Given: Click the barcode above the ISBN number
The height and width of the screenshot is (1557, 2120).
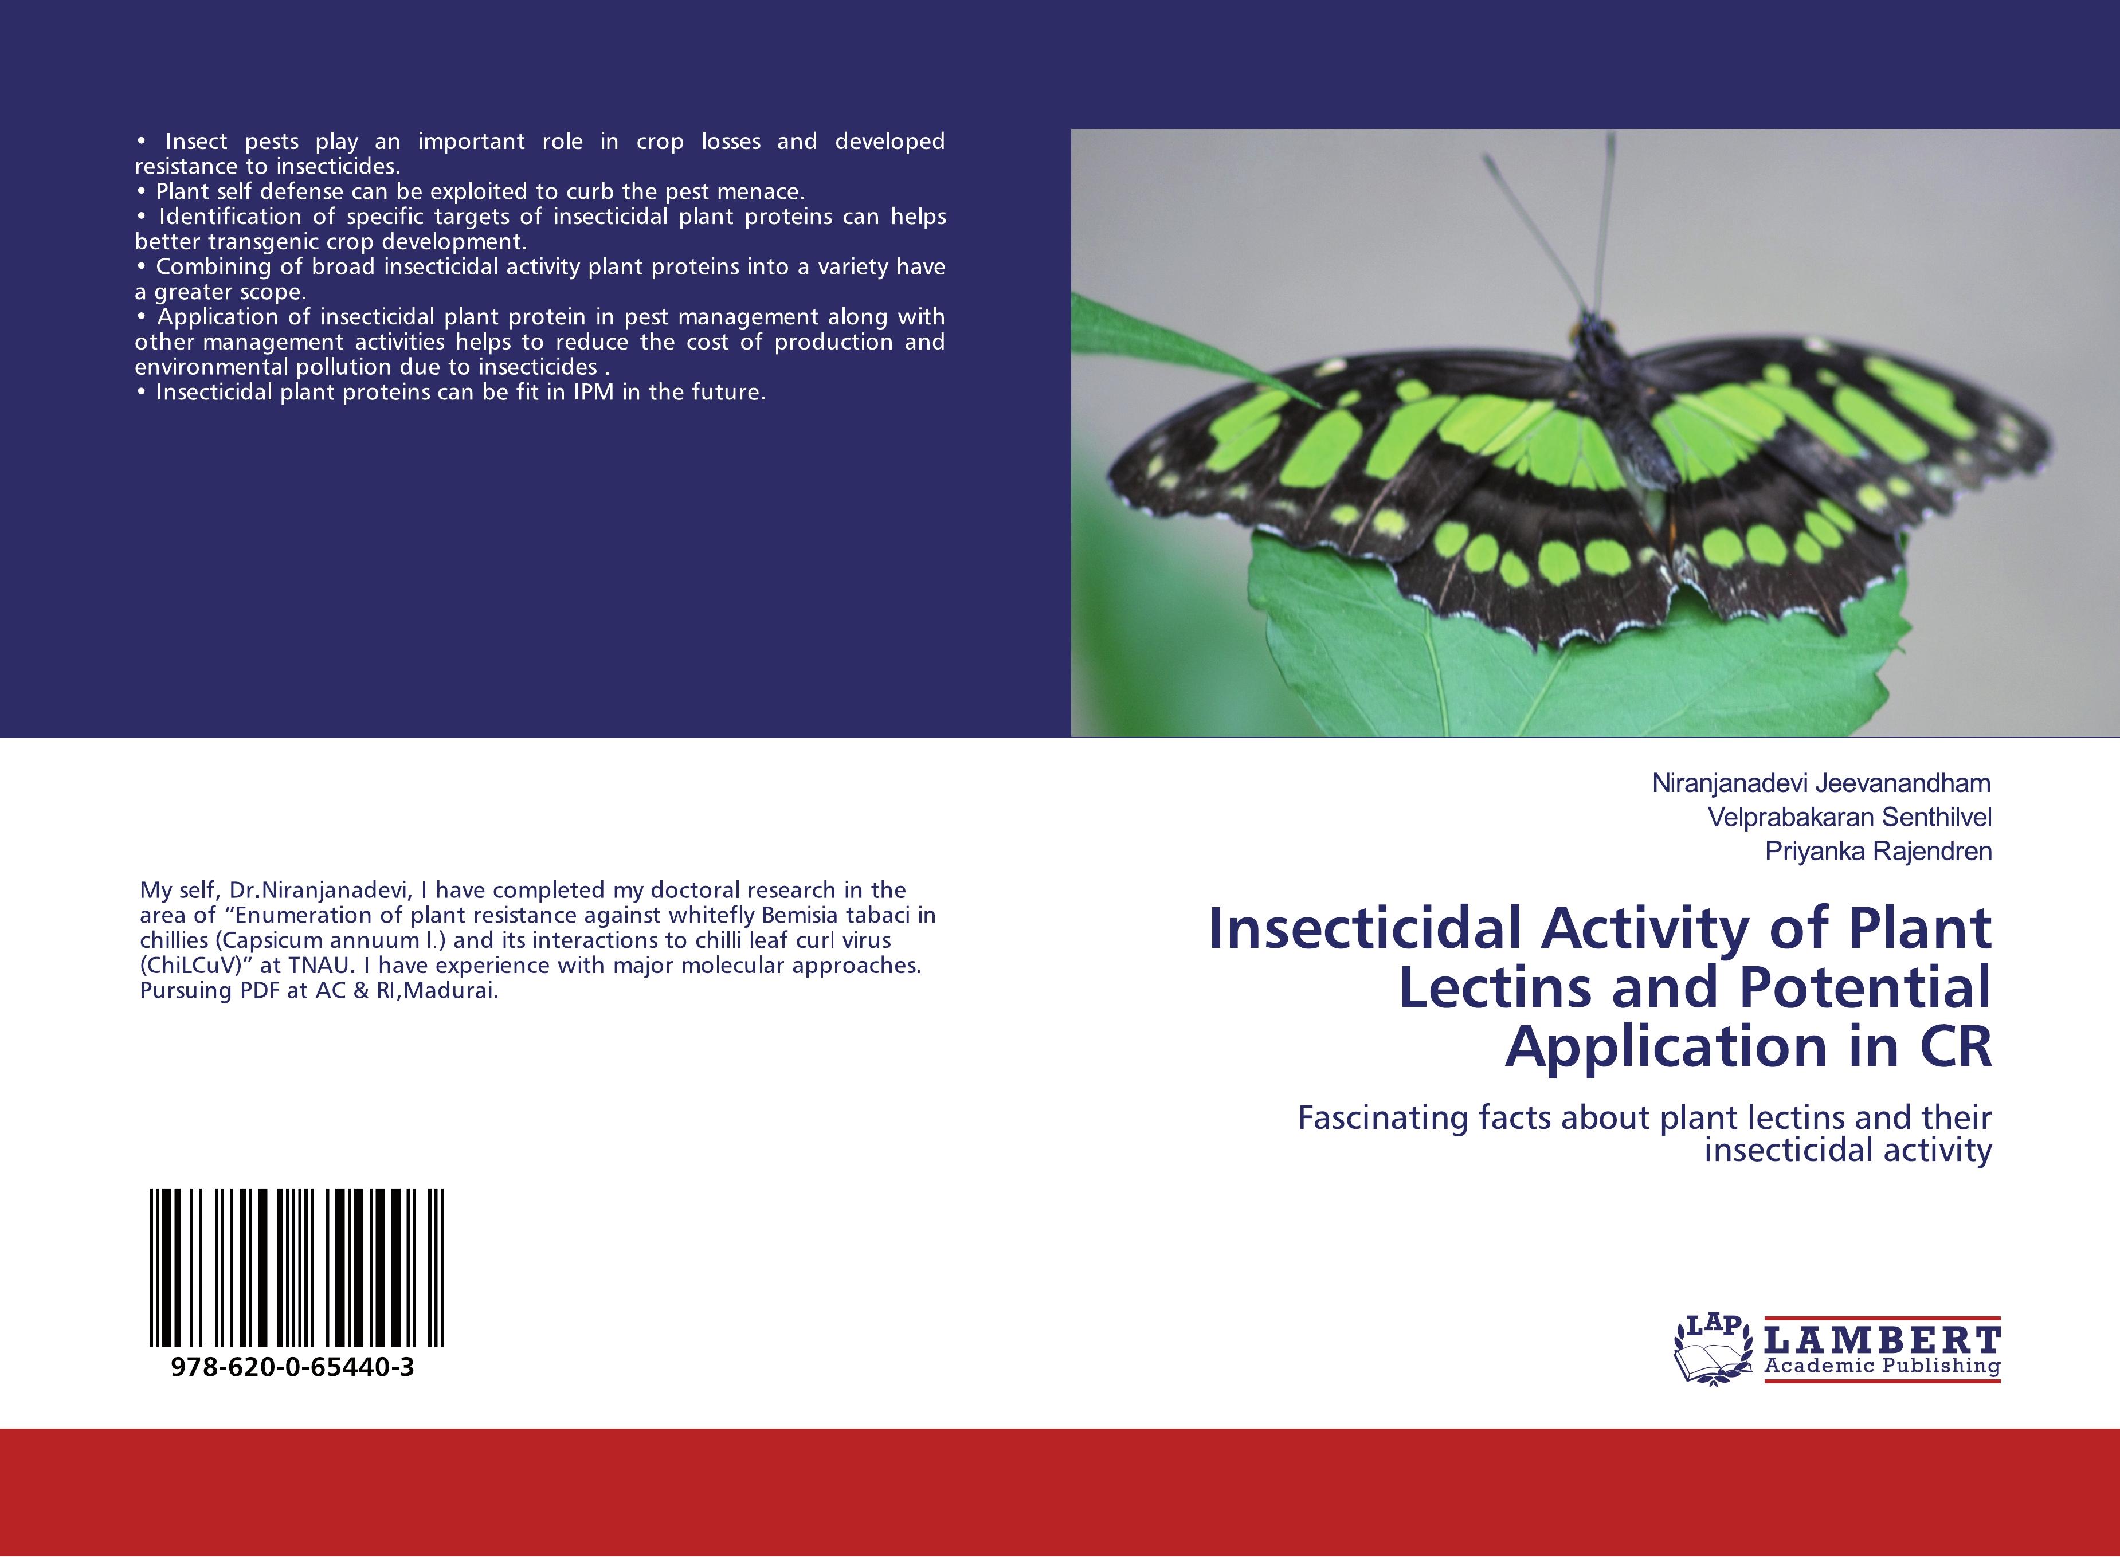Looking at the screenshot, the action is [296, 1268].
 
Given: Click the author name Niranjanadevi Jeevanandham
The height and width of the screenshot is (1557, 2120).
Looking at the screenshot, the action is [1821, 783].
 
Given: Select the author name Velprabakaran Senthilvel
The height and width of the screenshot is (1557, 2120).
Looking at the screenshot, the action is [1849, 817].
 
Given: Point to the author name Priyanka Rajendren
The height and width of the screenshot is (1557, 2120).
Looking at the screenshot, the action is [1878, 851].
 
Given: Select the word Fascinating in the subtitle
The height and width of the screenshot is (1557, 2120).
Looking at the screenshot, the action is [1377, 1119].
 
